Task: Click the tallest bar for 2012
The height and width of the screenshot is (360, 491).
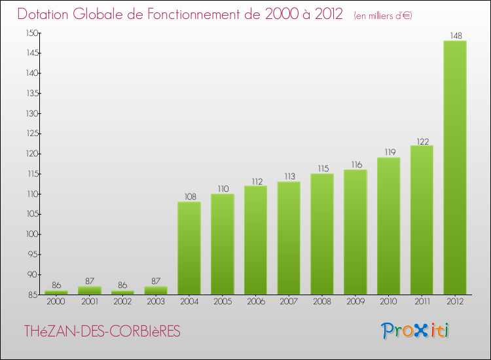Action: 455,168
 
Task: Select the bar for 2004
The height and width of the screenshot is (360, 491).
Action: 189,248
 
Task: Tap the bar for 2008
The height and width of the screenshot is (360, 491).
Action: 322,234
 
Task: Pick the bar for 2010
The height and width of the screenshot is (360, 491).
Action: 388,226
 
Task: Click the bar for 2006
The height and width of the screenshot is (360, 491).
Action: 255,240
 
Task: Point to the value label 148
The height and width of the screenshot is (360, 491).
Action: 455,35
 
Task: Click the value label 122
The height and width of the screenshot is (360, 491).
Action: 422,140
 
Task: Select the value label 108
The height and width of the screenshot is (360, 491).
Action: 189,196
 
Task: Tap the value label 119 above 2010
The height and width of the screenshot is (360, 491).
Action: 388,152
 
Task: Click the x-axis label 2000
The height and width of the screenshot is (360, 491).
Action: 56,302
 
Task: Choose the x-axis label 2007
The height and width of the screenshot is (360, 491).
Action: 289,302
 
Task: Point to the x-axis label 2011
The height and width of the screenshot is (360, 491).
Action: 422,302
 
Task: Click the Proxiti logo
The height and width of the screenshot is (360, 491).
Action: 415,331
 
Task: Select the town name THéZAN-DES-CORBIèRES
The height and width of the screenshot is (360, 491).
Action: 102,331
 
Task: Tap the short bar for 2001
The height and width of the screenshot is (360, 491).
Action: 90,290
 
